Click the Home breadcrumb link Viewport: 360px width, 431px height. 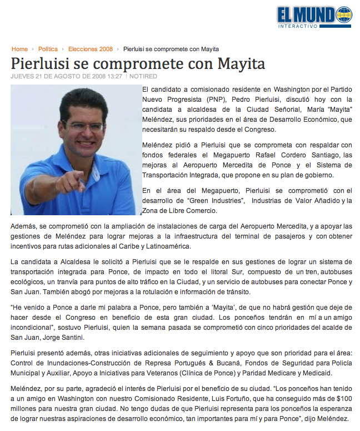pos(19,49)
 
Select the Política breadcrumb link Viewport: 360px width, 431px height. pos(48,49)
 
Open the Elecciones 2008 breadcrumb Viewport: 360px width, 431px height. pos(91,49)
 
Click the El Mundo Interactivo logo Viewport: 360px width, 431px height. pos(314,17)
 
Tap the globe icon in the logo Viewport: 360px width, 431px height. pos(344,14)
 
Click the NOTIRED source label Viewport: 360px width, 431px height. pos(143,76)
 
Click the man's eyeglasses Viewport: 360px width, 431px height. pos(81,126)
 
